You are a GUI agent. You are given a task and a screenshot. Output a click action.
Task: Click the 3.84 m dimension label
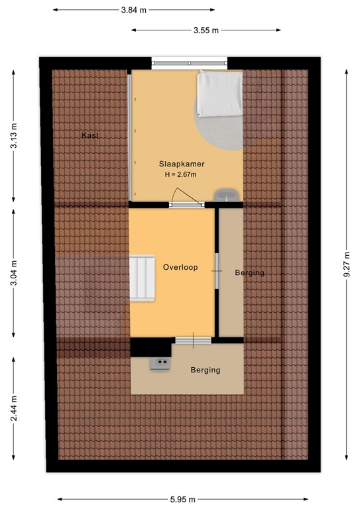134,10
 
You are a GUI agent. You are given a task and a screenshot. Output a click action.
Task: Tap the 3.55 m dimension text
206,30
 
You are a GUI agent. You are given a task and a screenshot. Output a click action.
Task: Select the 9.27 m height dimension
347,264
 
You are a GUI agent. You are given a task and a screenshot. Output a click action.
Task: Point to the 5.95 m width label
183,499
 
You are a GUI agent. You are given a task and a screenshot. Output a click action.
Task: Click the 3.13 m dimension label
14,136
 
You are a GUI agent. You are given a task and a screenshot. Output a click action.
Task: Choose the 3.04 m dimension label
14,273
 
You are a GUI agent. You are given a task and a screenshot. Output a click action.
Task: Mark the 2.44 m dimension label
14,408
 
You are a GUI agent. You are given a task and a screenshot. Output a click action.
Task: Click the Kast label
90,135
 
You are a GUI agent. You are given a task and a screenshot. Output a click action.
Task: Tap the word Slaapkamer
182,164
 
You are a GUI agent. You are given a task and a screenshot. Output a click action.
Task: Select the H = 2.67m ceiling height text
180,175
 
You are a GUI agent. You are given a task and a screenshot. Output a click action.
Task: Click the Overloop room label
180,267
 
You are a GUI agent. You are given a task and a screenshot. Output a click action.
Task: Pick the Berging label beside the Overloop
250,272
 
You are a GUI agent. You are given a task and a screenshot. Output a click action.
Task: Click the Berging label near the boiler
206,370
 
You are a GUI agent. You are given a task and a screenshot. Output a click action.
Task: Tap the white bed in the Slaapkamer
220,93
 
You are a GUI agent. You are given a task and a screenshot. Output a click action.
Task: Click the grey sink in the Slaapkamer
227,196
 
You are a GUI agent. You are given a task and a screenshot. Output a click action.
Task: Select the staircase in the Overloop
142,278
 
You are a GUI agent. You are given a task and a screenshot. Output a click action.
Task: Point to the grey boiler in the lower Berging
160,364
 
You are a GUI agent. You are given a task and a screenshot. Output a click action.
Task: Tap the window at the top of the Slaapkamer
190,63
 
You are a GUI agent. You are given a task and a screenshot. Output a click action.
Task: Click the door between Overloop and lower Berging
194,340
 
